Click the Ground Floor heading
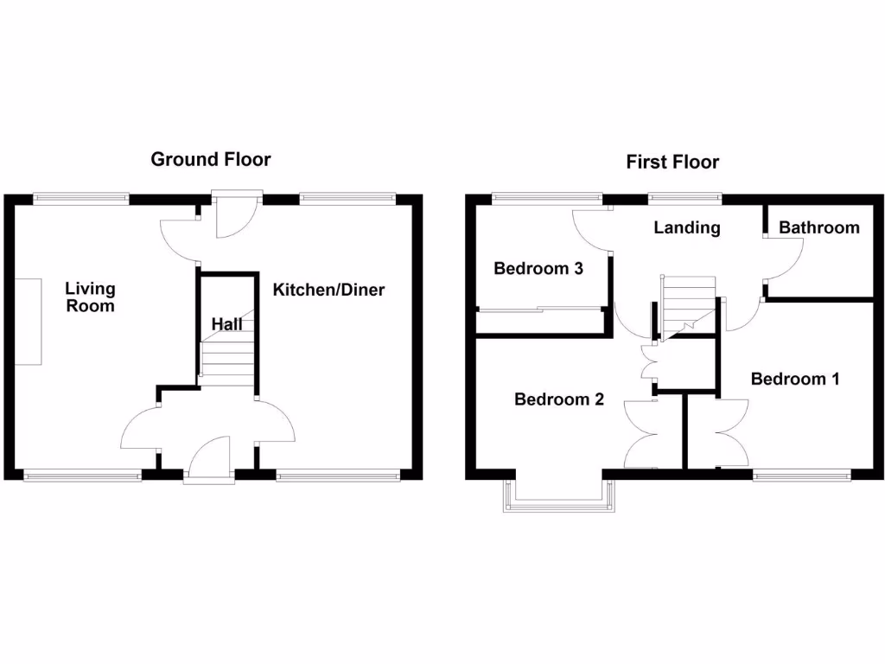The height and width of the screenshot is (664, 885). pyautogui.click(x=210, y=159)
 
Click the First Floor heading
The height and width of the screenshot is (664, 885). pyautogui.click(x=672, y=162)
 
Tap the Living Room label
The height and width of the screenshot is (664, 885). pyautogui.click(x=90, y=297)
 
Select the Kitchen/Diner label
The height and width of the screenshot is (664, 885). pyautogui.click(x=328, y=290)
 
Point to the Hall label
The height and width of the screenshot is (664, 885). pyautogui.click(x=227, y=323)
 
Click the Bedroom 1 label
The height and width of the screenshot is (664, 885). pyautogui.click(x=795, y=379)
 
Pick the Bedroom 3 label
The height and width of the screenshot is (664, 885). pyautogui.click(x=538, y=268)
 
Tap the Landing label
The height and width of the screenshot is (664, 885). pyautogui.click(x=686, y=227)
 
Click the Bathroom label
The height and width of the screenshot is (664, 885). pyautogui.click(x=818, y=227)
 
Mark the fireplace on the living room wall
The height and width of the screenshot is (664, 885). pyautogui.click(x=28, y=321)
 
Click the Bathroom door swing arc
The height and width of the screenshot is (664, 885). pyautogui.click(x=786, y=259)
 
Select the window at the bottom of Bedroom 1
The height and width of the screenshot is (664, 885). pyautogui.click(x=801, y=474)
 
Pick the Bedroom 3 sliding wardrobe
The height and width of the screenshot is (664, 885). pyautogui.click(x=540, y=321)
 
